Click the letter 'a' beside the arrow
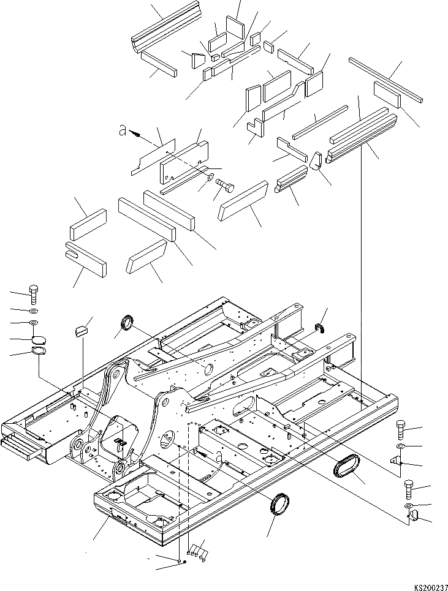tap(123, 130)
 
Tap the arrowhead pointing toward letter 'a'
tap(135, 132)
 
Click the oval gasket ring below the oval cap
tap(38, 352)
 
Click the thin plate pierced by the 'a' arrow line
tap(153, 157)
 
